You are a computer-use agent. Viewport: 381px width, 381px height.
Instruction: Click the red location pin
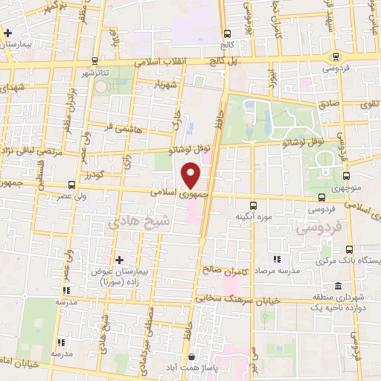pos(191,175)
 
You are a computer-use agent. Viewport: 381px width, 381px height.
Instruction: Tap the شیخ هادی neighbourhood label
pos(139,221)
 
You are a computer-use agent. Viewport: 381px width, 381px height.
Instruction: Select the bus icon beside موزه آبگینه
pos(252,205)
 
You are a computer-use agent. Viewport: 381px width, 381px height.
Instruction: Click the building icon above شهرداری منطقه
pos(339,286)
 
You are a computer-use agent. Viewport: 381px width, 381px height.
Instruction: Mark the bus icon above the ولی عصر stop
pos(71,185)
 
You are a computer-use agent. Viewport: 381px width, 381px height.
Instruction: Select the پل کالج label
pos(222,59)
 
